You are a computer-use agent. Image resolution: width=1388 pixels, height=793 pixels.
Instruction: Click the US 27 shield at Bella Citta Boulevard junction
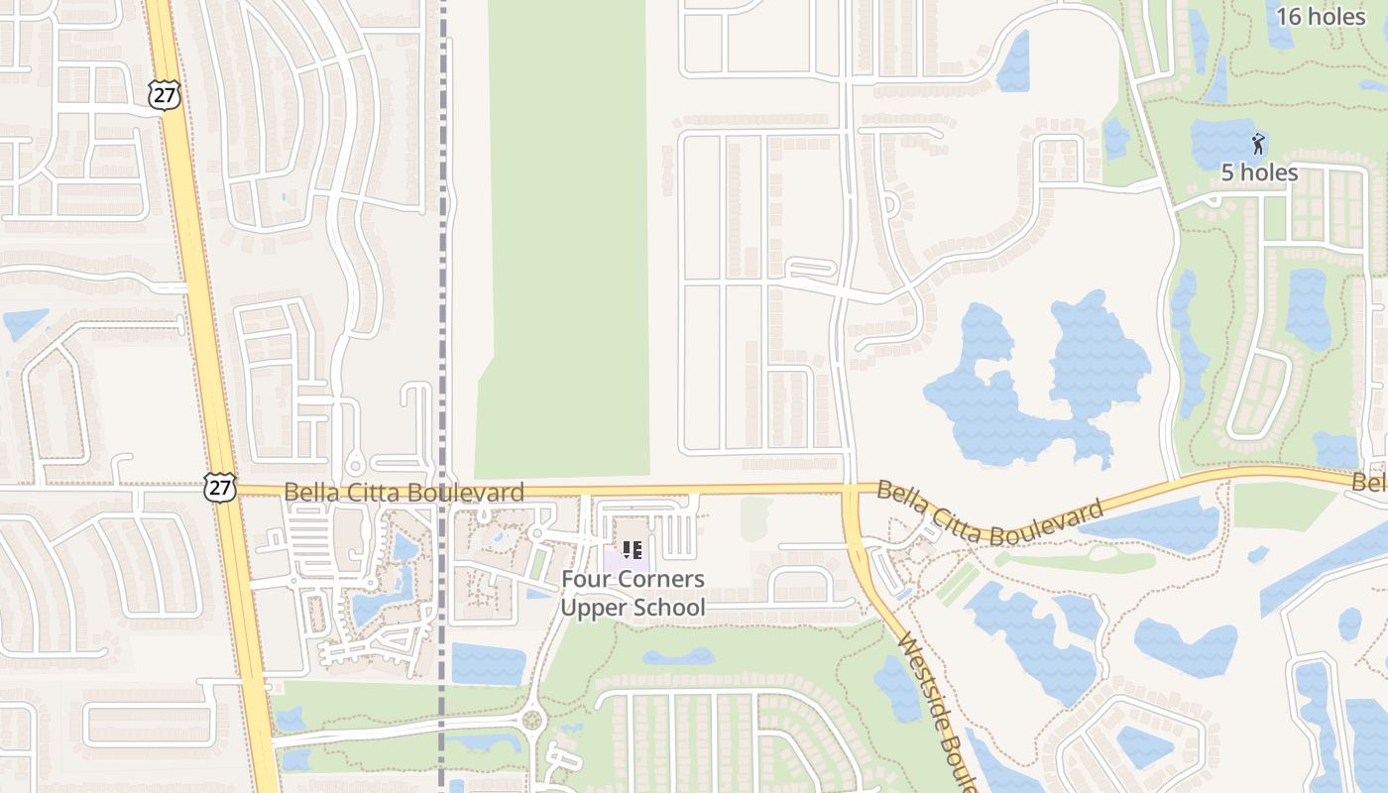coord(219,486)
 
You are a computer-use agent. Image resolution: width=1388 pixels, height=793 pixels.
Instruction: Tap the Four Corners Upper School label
coord(633,593)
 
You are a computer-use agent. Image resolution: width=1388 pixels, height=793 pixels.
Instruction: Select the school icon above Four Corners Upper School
coord(632,549)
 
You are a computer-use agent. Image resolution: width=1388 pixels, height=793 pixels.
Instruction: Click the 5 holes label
coord(1259,172)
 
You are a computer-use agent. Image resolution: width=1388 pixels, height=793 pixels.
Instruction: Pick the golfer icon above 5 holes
coord(1258,144)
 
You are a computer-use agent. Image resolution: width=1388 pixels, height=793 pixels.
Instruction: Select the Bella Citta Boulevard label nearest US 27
coord(404,492)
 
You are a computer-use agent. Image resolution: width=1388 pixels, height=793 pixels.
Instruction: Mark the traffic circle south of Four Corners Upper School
coord(532,719)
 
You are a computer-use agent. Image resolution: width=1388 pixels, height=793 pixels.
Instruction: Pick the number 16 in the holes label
coord(1289,16)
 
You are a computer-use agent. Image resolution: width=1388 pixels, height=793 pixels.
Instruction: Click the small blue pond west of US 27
coord(24,323)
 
